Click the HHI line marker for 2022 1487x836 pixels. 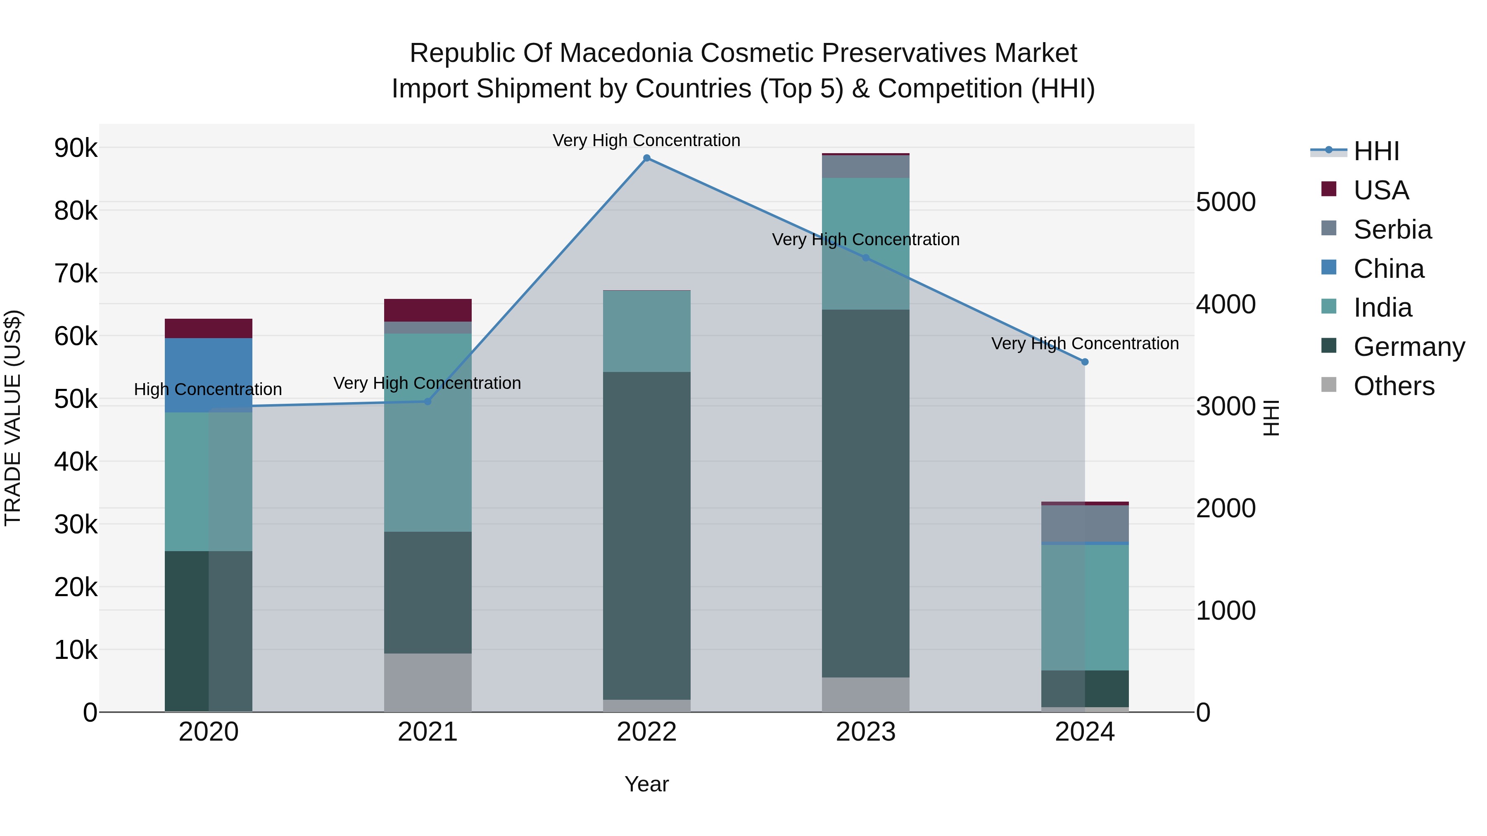coord(646,158)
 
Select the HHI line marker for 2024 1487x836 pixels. coord(1085,362)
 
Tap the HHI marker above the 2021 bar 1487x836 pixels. coord(428,402)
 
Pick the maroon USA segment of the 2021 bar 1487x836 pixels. coord(428,310)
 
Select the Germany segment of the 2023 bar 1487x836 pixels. coord(865,493)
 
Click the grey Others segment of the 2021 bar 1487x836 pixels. coord(428,682)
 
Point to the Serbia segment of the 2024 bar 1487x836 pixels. coord(1085,524)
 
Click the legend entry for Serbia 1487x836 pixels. coord(1392,230)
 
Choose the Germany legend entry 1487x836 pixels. coord(1409,347)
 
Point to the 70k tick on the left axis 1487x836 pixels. coord(76,273)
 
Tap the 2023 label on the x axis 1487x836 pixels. coord(865,732)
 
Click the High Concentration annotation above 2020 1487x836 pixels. coord(208,389)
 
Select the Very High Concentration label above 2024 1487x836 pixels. coord(1085,343)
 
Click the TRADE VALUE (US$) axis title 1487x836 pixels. coord(13,418)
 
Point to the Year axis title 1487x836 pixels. coord(646,784)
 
